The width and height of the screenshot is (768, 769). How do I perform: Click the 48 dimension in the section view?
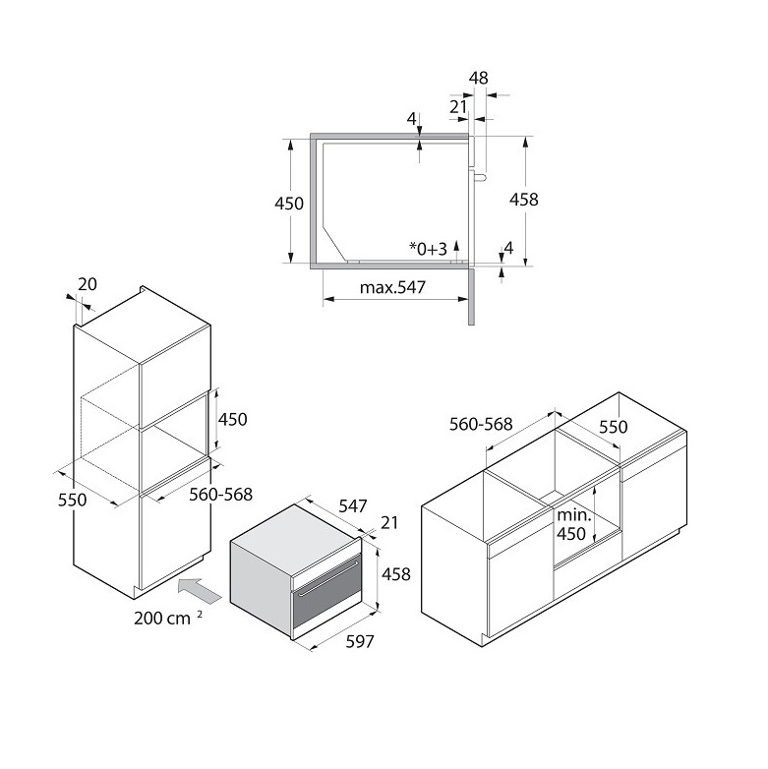[479, 78]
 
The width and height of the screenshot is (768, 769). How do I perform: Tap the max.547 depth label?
[392, 287]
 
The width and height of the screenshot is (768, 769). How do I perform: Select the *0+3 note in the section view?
[428, 249]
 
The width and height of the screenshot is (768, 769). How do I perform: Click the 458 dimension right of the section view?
[524, 199]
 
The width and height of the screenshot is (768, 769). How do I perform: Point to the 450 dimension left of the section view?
[289, 203]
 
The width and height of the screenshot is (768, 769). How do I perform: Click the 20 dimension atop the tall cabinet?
[88, 284]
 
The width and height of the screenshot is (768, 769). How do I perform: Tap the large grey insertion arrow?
[200, 590]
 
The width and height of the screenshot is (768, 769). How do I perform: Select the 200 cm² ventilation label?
[168, 618]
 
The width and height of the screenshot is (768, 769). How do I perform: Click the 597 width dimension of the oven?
[360, 641]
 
